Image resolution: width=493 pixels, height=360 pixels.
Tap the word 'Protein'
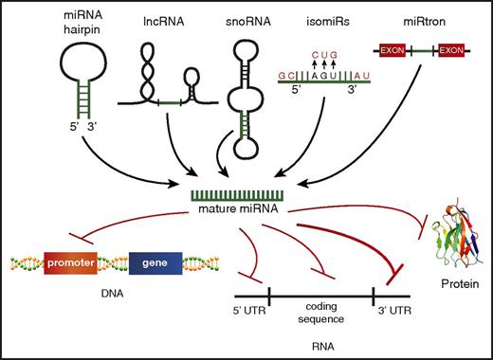point(448,293)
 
